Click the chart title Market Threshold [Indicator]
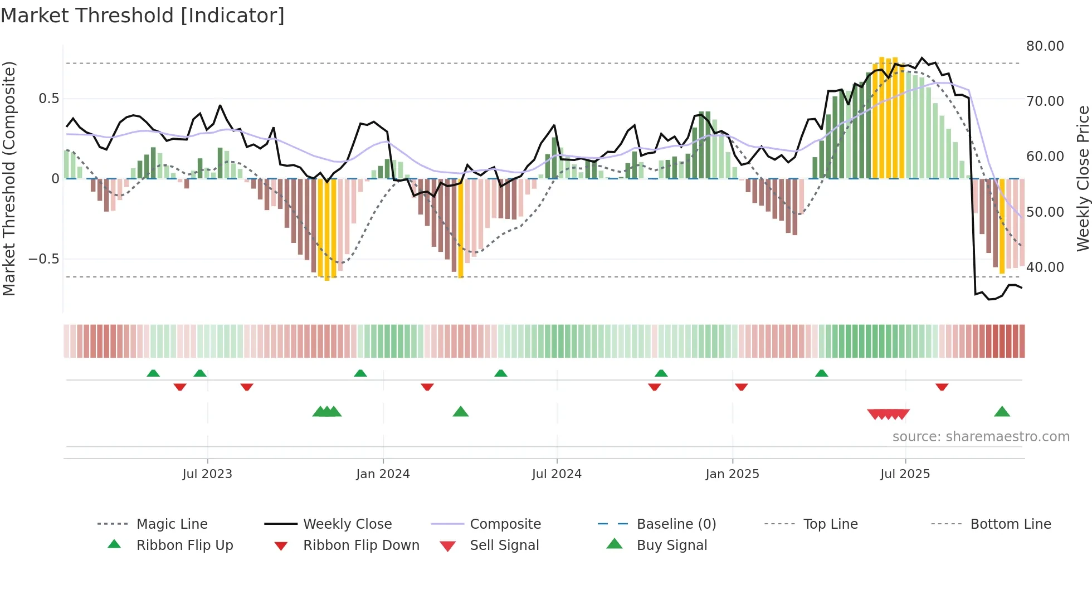pyautogui.click(x=143, y=16)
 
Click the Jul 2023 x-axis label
pyautogui.click(x=207, y=474)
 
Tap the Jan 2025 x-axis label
pyautogui.click(x=732, y=474)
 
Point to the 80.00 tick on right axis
pyautogui.click(x=1045, y=46)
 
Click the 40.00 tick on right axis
pyautogui.click(x=1045, y=267)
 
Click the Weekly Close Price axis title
pyautogui.click(x=1083, y=178)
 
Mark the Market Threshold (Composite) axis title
pyautogui.click(x=9, y=178)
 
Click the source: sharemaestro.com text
pyautogui.click(x=981, y=436)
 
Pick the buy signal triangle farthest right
pyautogui.click(x=1002, y=412)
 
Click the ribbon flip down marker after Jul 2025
pyautogui.click(x=942, y=387)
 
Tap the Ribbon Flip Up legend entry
pyautogui.click(x=184, y=545)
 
